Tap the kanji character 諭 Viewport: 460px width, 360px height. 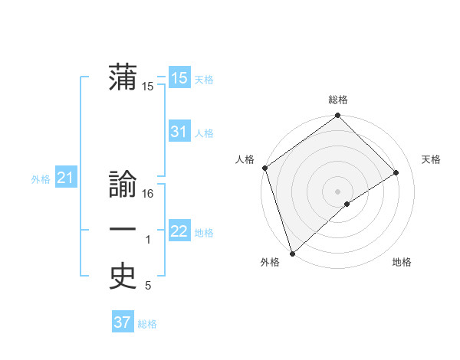123,185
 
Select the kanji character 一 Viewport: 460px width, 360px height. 123,231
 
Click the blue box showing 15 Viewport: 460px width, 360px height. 179,77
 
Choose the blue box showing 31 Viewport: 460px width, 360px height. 179,132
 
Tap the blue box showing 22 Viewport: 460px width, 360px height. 179,231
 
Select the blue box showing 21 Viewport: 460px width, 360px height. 65,178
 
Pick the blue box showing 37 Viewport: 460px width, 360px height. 122,322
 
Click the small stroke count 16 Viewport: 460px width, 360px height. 149,195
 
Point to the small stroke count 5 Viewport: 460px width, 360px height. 148,286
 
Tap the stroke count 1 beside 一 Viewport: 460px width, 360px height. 148,241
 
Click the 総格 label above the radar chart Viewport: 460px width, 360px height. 338,100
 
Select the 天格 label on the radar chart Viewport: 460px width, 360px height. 432,159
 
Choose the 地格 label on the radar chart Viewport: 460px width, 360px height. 402,262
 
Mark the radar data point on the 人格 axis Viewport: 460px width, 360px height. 264,168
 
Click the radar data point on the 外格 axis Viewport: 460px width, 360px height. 292,253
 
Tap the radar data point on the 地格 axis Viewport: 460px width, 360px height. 347,204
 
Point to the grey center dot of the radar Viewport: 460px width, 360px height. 337,191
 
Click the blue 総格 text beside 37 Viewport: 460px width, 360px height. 147,324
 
